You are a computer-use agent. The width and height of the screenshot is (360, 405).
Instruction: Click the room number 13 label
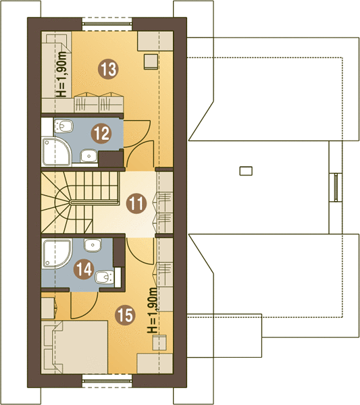point(108,69)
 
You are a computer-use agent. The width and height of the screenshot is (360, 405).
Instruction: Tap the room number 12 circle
point(101,134)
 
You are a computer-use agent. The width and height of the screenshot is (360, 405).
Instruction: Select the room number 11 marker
point(136,204)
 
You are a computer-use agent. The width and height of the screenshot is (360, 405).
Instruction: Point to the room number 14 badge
point(84,269)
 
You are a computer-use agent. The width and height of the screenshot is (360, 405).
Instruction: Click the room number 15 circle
point(126,315)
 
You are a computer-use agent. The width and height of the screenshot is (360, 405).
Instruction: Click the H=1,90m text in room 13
point(61,74)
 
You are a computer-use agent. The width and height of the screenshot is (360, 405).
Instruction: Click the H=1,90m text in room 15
point(152,310)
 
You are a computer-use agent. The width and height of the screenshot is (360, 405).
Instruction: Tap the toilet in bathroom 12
point(63,126)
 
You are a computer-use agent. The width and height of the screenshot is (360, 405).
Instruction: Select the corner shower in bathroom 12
point(57,152)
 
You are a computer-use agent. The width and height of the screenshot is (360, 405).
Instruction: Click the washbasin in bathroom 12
point(88,156)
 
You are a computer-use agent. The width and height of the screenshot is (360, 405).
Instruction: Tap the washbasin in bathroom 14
point(93,245)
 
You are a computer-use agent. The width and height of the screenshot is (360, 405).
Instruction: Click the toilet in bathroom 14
point(105,277)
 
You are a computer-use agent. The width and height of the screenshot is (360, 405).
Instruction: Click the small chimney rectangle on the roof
point(246,171)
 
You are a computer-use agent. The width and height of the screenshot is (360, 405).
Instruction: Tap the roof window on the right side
point(336,187)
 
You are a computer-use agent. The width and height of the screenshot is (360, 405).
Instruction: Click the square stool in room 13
point(151,61)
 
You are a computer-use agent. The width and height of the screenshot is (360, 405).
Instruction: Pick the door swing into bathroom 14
point(84,306)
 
